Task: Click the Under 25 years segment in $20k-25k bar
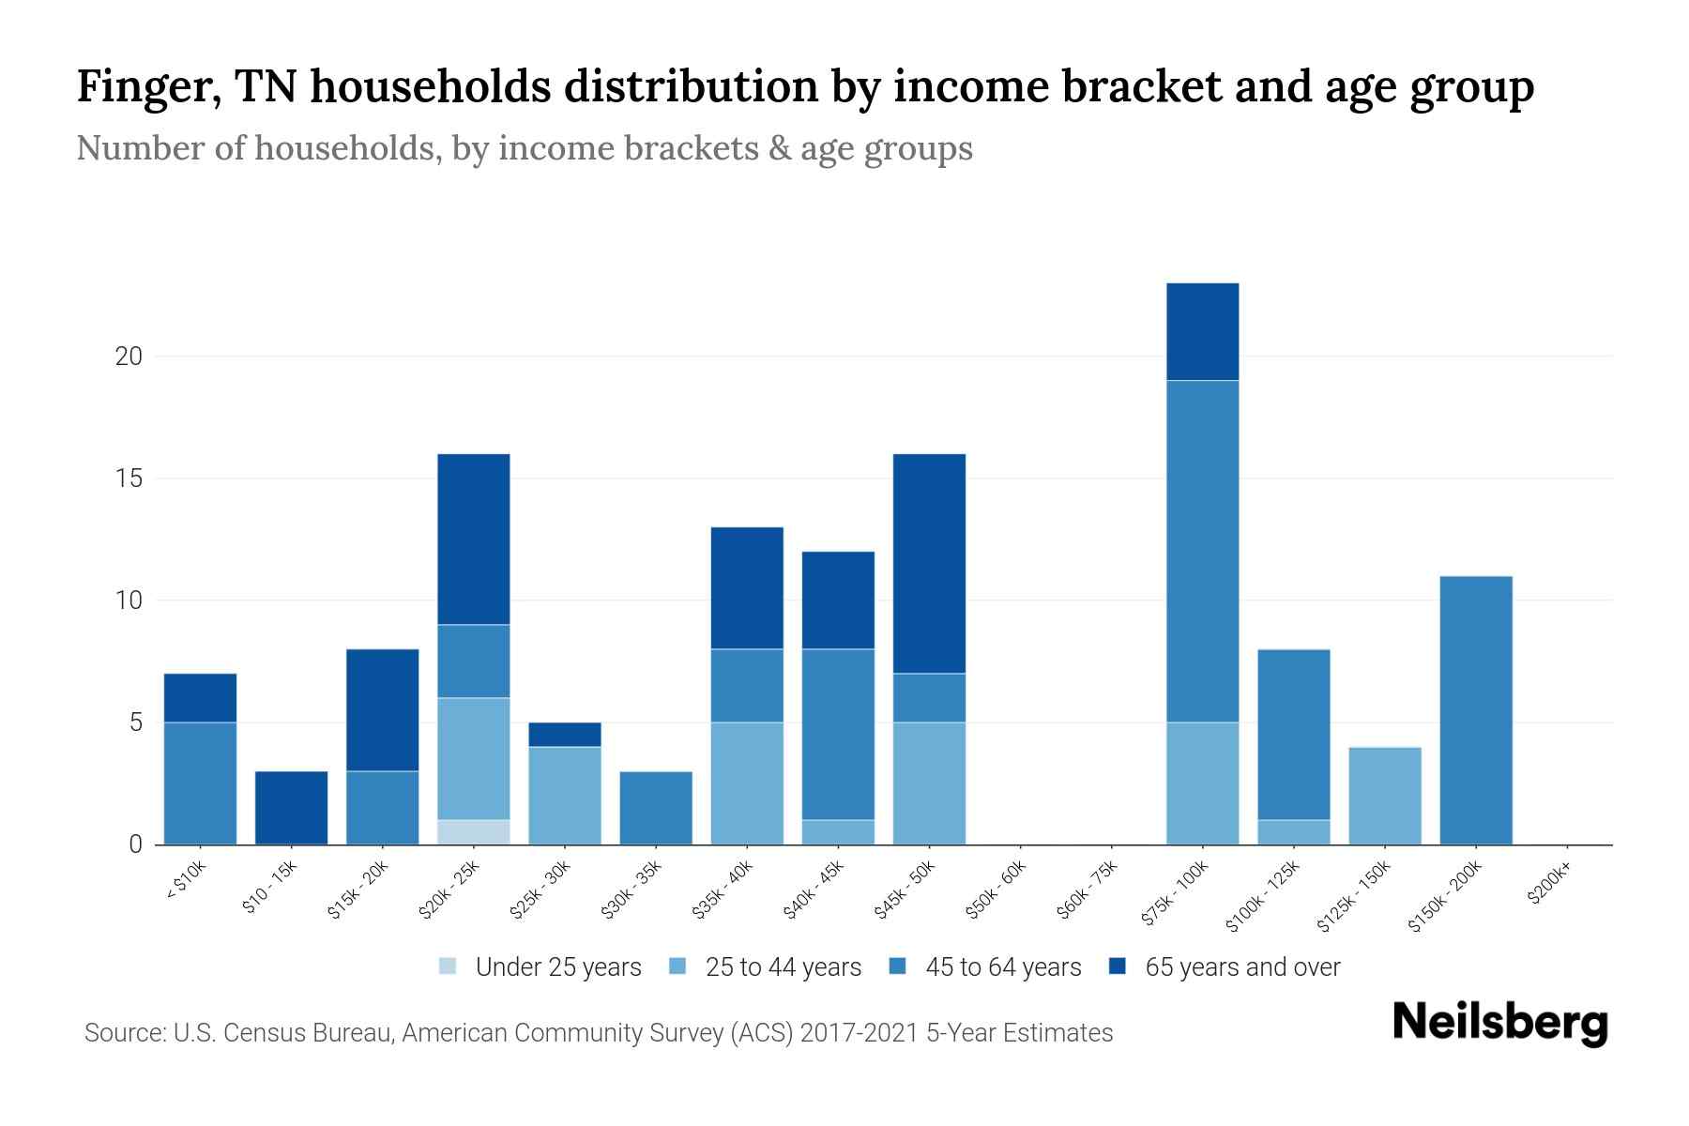(473, 832)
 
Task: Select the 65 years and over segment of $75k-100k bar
(1202, 331)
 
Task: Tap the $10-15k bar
(291, 808)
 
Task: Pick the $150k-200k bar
(1475, 710)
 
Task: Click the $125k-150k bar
(1384, 796)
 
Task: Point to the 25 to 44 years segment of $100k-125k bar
(1293, 832)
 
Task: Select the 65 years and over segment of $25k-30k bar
(564, 735)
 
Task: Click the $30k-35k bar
(655, 808)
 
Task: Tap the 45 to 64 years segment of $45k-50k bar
(929, 698)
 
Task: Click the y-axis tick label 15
(129, 479)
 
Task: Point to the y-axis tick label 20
(129, 357)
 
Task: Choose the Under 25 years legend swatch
(449, 966)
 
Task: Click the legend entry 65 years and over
(1241, 967)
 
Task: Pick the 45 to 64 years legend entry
(1002, 967)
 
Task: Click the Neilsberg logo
(1499, 1024)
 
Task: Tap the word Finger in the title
(147, 87)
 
